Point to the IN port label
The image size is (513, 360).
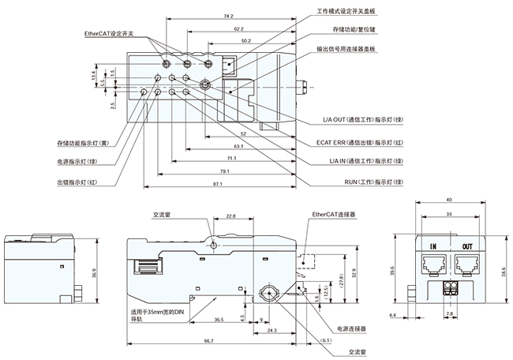[432, 246]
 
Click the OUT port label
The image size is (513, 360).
[466, 246]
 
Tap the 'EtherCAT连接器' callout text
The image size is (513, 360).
[334, 213]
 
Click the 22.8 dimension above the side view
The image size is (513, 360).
[230, 216]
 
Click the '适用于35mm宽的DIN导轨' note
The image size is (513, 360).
[158, 315]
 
